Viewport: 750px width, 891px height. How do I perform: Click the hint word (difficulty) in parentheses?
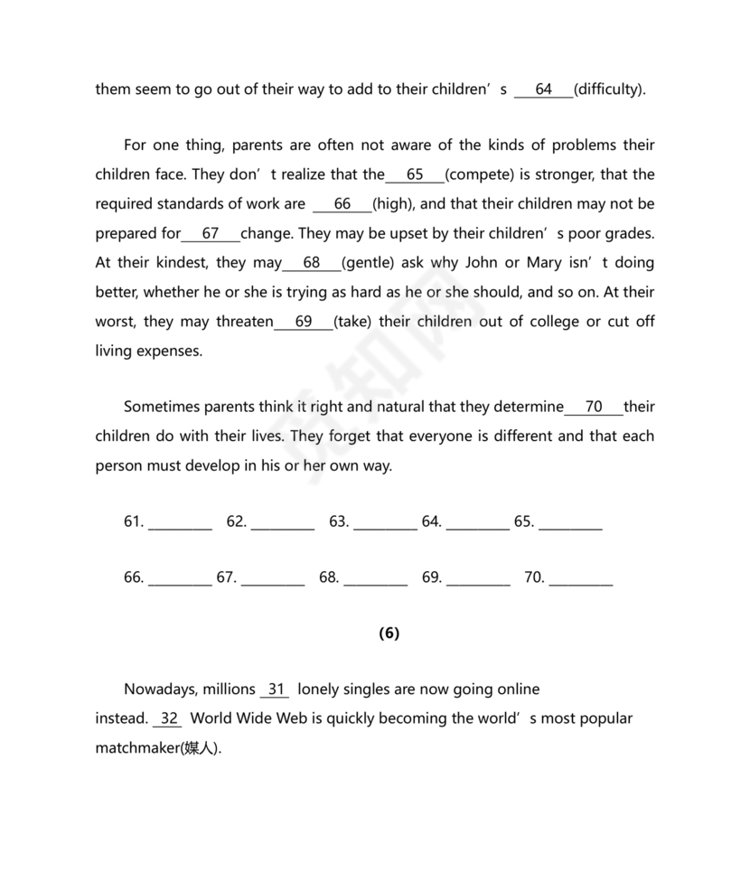(x=610, y=89)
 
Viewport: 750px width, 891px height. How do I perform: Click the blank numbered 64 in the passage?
(x=544, y=89)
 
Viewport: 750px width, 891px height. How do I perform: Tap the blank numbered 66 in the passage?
(x=342, y=204)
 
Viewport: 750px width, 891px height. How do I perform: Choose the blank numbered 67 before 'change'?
(x=211, y=233)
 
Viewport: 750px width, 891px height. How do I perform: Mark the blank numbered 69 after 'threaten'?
(x=304, y=322)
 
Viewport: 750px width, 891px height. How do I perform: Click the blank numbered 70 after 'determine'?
(x=594, y=407)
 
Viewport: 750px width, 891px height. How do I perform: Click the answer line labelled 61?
(x=180, y=523)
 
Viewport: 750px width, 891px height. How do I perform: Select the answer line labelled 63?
(x=385, y=523)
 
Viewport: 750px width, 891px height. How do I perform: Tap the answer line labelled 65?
(x=570, y=523)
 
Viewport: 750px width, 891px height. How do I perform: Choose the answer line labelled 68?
(x=375, y=579)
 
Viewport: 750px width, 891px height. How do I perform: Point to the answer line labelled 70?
(x=581, y=579)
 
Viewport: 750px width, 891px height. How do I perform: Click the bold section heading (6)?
(x=389, y=633)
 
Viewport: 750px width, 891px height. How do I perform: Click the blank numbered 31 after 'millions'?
(x=275, y=689)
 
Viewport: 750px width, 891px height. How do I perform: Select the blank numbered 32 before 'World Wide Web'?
(x=169, y=719)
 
